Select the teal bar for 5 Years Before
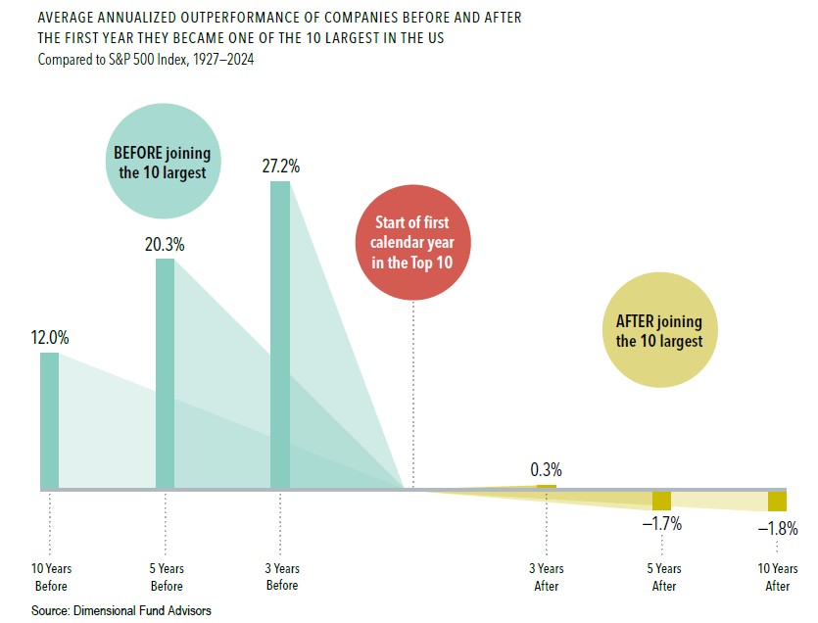(x=166, y=372)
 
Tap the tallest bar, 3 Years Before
(x=280, y=333)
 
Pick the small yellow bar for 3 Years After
(x=546, y=486)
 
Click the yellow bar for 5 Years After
(x=662, y=501)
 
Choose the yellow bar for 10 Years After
(x=777, y=502)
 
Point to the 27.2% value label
(x=280, y=167)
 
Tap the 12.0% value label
(x=50, y=338)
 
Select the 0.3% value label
(x=546, y=469)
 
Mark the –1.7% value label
(x=662, y=524)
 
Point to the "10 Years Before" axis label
(x=51, y=577)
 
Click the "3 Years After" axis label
(x=546, y=577)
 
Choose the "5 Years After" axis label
(x=663, y=577)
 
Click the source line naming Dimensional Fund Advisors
(x=121, y=610)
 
